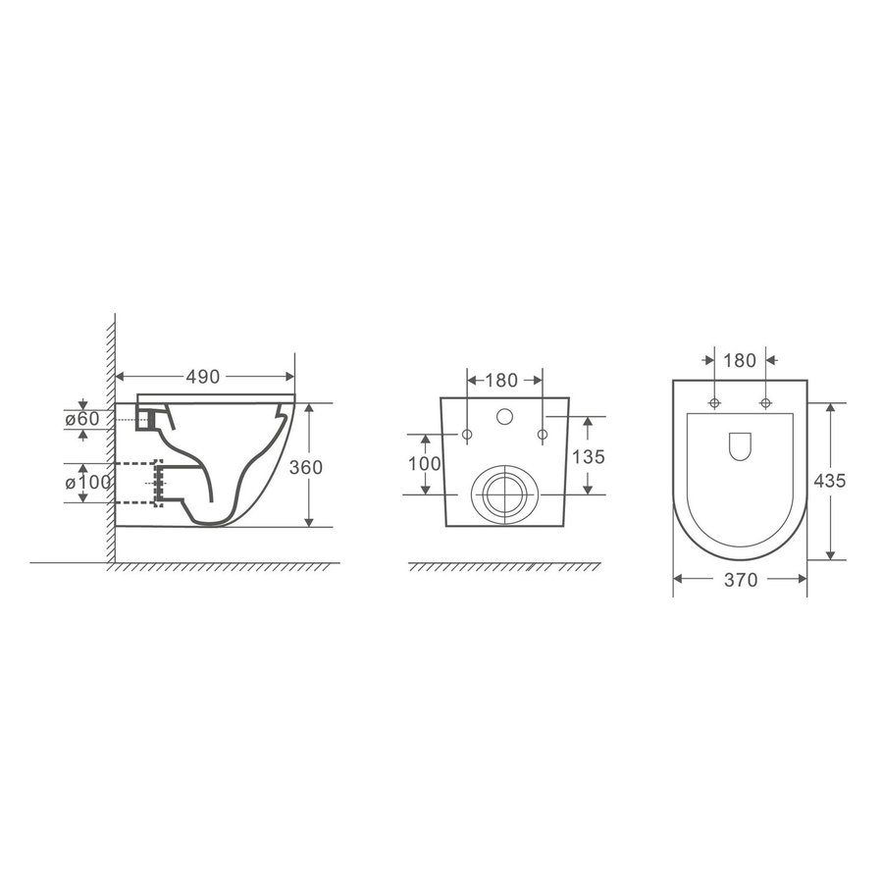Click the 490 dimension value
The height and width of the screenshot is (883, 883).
tap(203, 377)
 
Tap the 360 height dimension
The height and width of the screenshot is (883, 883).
tap(306, 467)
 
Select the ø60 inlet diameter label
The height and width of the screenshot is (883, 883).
tap(82, 419)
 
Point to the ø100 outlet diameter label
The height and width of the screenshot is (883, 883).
tap(88, 483)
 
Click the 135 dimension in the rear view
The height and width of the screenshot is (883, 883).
tap(589, 456)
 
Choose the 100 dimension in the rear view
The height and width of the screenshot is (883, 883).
tap(425, 464)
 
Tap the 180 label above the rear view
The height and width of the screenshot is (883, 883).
tap(501, 381)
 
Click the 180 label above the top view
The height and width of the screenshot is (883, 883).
tap(740, 360)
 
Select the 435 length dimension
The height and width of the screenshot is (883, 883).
tap(830, 481)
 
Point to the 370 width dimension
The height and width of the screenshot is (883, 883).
tap(741, 580)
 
